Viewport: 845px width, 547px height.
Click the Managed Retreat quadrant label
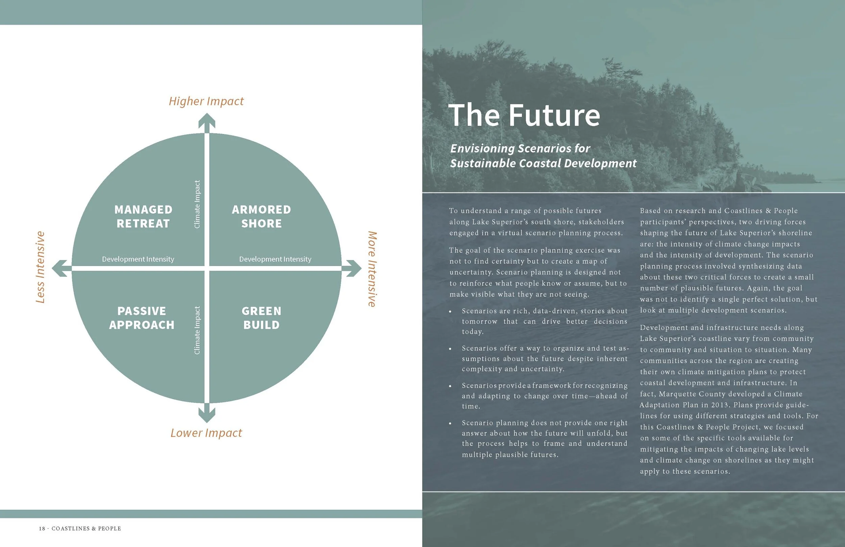[143, 216]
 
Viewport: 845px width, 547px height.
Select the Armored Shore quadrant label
[261, 216]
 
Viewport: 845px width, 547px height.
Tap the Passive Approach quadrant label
[142, 318]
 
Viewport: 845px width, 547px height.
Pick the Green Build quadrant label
[261, 318]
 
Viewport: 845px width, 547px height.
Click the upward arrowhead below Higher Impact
[207, 121]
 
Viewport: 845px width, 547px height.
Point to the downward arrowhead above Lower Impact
[207, 414]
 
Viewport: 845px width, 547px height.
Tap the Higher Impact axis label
[206, 101]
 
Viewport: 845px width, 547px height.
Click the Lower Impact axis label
[206, 433]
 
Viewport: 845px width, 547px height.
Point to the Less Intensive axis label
[40, 267]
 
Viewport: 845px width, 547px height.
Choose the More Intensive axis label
[372, 269]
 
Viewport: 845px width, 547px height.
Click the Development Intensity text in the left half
[138, 259]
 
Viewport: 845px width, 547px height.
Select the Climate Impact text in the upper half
[197, 204]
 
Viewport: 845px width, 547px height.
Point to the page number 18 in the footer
[42, 528]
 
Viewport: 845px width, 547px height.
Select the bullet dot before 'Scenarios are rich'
[450, 311]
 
